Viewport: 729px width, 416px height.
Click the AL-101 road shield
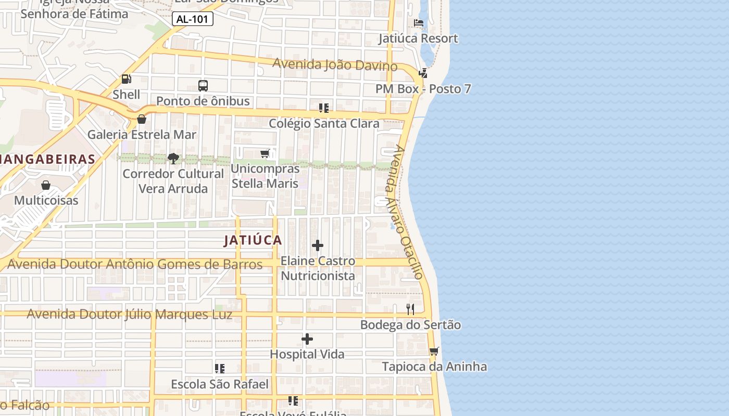[192, 19]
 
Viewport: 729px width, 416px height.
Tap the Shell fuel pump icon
[126, 79]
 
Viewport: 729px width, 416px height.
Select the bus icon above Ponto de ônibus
[203, 86]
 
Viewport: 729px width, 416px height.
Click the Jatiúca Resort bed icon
[418, 23]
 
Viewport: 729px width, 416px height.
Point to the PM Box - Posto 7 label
[423, 89]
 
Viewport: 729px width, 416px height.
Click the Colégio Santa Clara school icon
[324, 108]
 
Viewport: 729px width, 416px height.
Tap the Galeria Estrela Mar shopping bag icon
[141, 119]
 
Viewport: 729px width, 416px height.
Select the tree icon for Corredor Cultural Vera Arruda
[173, 158]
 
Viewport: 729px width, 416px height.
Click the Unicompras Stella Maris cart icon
[265, 153]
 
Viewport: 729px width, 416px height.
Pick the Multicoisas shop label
[46, 200]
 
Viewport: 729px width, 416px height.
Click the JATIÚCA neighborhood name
[253, 240]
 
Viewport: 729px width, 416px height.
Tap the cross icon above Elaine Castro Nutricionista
[318, 245]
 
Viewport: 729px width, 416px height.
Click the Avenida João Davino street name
[335, 64]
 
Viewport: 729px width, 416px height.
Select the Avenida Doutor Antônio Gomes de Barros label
[135, 264]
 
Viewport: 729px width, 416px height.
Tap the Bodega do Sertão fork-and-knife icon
[410, 309]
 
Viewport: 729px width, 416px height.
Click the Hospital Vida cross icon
[307, 339]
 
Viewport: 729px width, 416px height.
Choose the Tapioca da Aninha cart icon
[434, 351]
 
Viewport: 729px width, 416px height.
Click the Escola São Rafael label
[220, 384]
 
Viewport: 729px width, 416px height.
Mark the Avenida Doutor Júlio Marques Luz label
[130, 314]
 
